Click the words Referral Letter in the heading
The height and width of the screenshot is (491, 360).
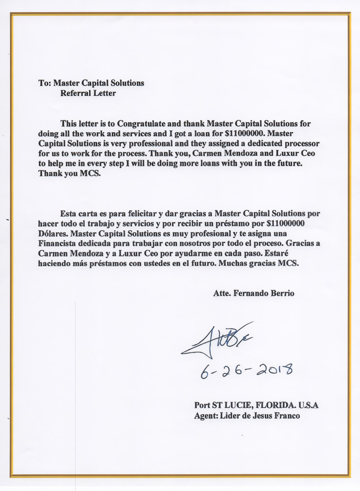pos(88,93)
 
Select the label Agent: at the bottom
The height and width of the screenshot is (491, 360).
pos(206,416)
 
